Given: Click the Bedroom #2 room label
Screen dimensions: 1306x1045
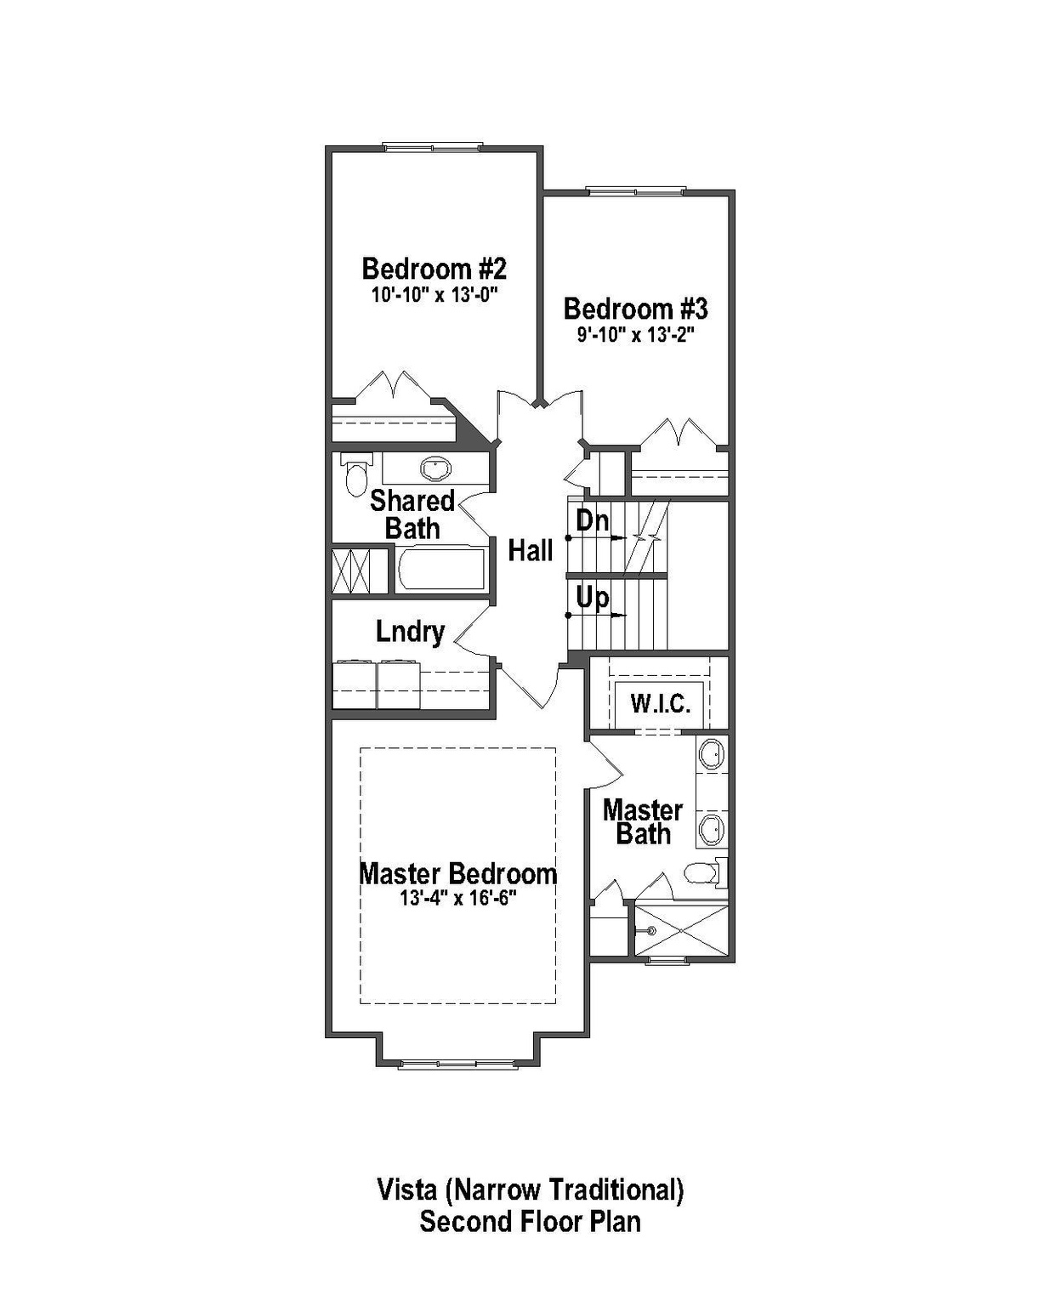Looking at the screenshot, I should click(434, 269).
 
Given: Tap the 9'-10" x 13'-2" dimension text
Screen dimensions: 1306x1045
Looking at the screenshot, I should click(636, 334).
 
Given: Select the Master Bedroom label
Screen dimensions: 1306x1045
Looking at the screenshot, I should click(457, 873).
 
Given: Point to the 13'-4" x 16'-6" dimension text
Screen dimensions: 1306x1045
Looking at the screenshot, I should click(458, 899).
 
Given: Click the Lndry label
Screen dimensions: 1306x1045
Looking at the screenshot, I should click(410, 632).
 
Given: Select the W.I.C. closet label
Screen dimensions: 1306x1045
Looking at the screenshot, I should click(660, 704).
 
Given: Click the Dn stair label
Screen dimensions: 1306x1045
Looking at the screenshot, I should click(592, 520).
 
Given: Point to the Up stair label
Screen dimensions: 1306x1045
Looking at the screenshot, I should click(592, 598).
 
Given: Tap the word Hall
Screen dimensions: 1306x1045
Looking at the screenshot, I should click(531, 551).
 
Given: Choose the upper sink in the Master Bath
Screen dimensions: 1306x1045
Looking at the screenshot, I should click(711, 754).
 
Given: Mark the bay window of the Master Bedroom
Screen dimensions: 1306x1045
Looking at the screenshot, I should click(457, 1063).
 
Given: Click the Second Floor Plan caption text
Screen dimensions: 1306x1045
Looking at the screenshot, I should click(530, 1222).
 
